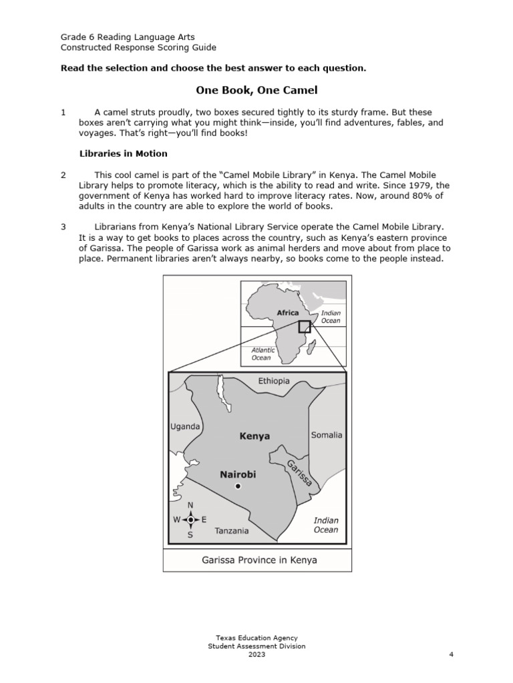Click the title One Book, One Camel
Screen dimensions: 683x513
(256, 89)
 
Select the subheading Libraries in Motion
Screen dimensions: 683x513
(124, 153)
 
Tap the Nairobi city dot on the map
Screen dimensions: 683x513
(238, 487)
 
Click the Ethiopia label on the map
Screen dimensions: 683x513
(274, 381)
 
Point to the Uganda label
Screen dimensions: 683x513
(185, 426)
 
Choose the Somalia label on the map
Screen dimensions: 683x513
(327, 435)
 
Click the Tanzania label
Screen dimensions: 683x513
(232, 531)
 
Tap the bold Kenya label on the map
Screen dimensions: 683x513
(254, 436)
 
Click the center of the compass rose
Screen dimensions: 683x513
(190, 520)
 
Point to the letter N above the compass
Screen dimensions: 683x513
(190, 506)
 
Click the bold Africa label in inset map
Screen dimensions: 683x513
(288, 312)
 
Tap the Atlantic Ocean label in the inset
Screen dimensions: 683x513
(263, 354)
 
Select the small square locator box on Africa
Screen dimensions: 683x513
(305, 326)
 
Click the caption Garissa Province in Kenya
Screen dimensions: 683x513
(259, 560)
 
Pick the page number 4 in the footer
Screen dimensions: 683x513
(452, 654)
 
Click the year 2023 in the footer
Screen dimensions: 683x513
(256, 654)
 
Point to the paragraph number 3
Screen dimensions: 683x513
(63, 227)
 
